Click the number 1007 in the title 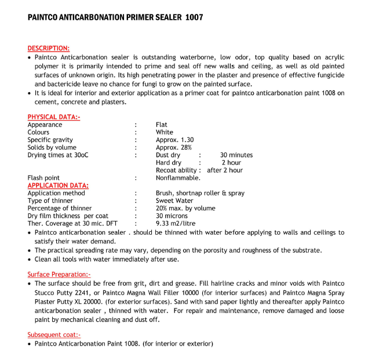pyautogui.click(x=194, y=17)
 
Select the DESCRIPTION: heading pyautogui.click(x=49, y=48)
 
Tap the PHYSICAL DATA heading pyautogui.click(x=54, y=117)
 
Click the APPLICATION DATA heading pyautogui.click(x=58, y=186)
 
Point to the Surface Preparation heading pyautogui.click(x=59, y=274)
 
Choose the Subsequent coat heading pyautogui.click(x=54, y=334)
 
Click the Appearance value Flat pyautogui.click(x=162, y=125)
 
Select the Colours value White pyautogui.click(x=165, y=132)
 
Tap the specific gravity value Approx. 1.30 pyautogui.click(x=174, y=140)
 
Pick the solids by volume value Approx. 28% pyautogui.click(x=173, y=147)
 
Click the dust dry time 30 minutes pyautogui.click(x=236, y=155)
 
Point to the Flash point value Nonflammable pyautogui.click(x=178, y=178)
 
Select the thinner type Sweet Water pyautogui.click(x=174, y=201)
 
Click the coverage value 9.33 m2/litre pyautogui.click(x=176, y=223)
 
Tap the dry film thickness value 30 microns pyautogui.click(x=172, y=216)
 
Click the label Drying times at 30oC pyautogui.click(x=58, y=155)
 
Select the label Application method pyautogui.click(x=56, y=193)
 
